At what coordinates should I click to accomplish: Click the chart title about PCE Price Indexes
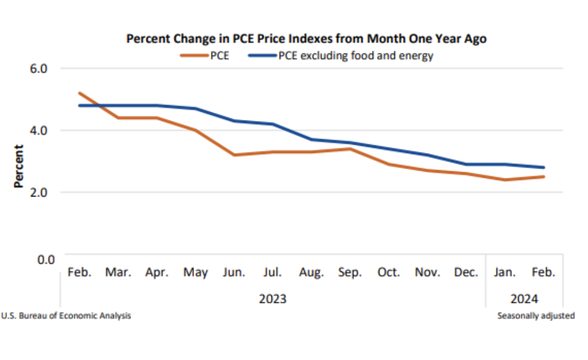(x=306, y=39)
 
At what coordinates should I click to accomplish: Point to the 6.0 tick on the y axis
(x=39, y=69)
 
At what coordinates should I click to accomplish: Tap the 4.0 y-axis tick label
(x=39, y=130)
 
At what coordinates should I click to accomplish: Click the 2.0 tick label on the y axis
(x=39, y=193)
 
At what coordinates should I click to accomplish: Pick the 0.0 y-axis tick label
(x=39, y=259)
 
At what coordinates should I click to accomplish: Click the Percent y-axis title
(x=19, y=166)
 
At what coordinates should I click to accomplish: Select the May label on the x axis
(x=196, y=272)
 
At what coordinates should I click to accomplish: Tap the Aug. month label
(x=311, y=272)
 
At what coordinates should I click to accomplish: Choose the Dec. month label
(x=466, y=272)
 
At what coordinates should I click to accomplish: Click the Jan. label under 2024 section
(x=505, y=272)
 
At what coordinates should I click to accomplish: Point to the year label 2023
(x=273, y=299)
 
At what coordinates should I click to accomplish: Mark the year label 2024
(x=524, y=299)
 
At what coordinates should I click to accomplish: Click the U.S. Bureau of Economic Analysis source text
(x=67, y=316)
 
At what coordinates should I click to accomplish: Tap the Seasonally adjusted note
(x=536, y=316)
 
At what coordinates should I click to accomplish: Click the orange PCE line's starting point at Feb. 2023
(x=80, y=93)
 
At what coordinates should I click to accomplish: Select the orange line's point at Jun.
(x=234, y=155)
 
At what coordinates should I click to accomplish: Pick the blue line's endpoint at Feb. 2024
(x=543, y=167)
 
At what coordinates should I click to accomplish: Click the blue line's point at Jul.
(x=273, y=124)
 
